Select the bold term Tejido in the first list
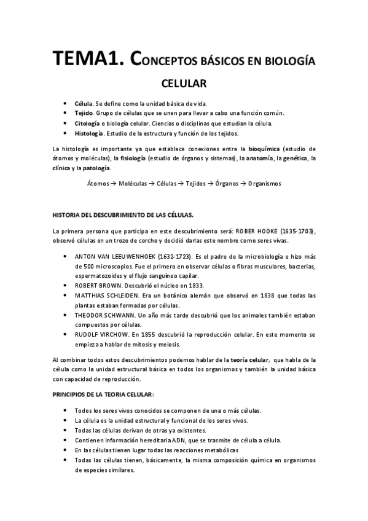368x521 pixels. (85, 113)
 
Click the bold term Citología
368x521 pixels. (90, 123)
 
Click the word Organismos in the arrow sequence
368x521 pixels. (264, 183)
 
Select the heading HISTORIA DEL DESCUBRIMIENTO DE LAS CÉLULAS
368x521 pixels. (123, 214)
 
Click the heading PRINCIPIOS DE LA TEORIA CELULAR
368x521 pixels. (103, 393)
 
